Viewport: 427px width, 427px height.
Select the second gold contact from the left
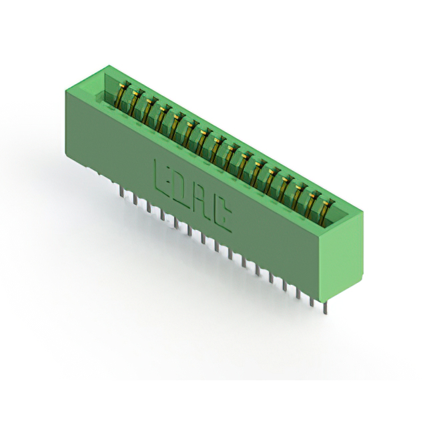pyautogui.click(x=135, y=101)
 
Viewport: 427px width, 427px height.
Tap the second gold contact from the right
pyautogui.click(x=313, y=205)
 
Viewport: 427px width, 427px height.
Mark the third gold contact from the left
pyautogui.click(x=149, y=109)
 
